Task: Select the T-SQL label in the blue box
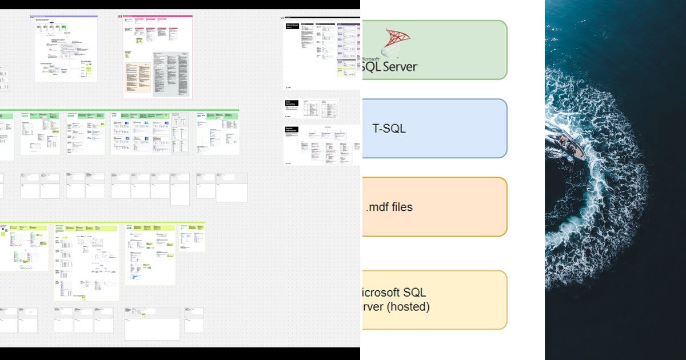click(389, 129)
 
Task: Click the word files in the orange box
click(401, 207)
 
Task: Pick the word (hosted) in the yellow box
click(407, 307)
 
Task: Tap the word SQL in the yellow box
click(414, 293)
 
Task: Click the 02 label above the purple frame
click(32, 17)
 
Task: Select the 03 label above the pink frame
click(121, 17)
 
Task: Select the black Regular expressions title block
click(292, 130)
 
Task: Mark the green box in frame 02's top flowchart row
click(63, 26)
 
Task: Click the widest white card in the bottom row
click(152, 324)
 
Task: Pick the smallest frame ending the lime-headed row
click(193, 237)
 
